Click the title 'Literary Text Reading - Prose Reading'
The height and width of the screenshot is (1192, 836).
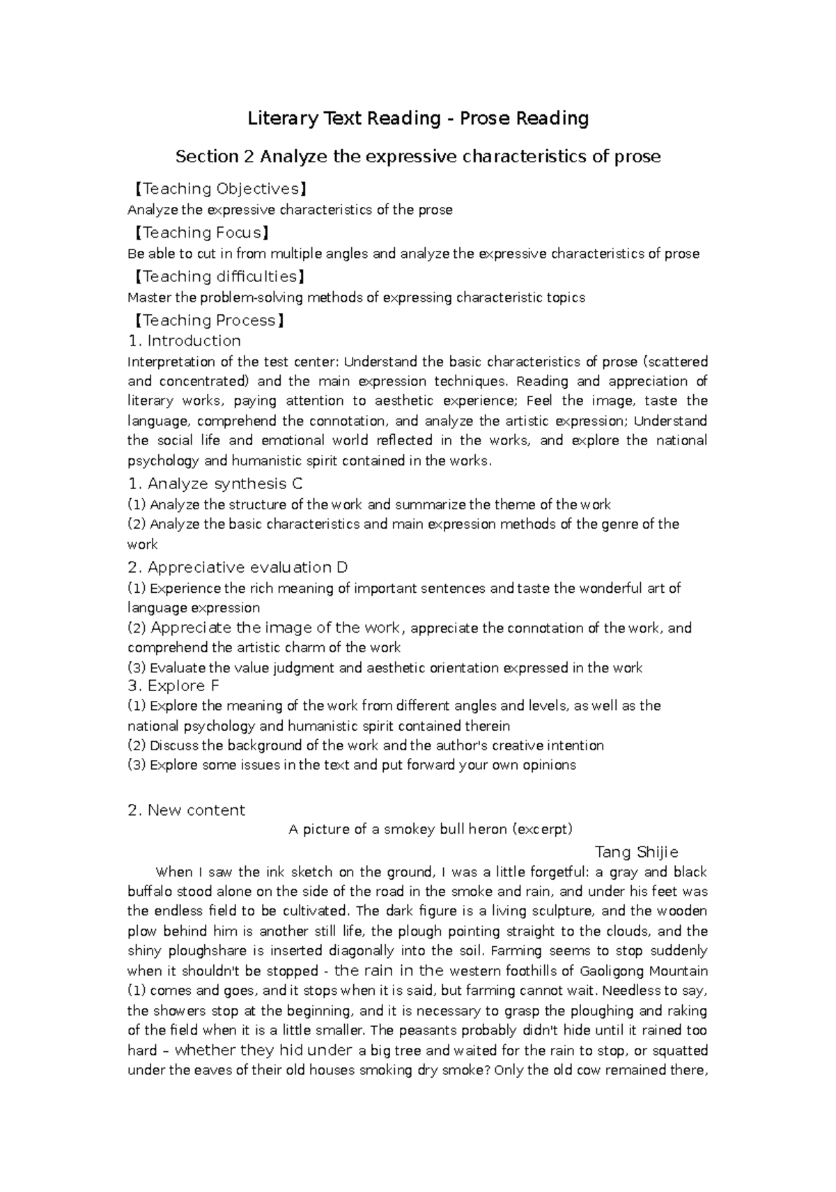point(418,118)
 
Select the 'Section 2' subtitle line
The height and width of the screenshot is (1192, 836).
point(418,157)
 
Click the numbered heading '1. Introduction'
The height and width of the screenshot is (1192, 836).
point(185,341)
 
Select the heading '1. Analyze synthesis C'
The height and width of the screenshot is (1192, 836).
point(215,483)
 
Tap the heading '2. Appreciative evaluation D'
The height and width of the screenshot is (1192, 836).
point(238,567)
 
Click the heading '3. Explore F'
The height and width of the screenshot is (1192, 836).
point(173,686)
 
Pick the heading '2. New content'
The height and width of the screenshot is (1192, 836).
point(187,810)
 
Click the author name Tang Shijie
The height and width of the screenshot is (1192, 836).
point(636,852)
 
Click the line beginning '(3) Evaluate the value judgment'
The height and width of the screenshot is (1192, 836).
point(385,668)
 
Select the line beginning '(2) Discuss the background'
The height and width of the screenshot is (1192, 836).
point(366,745)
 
